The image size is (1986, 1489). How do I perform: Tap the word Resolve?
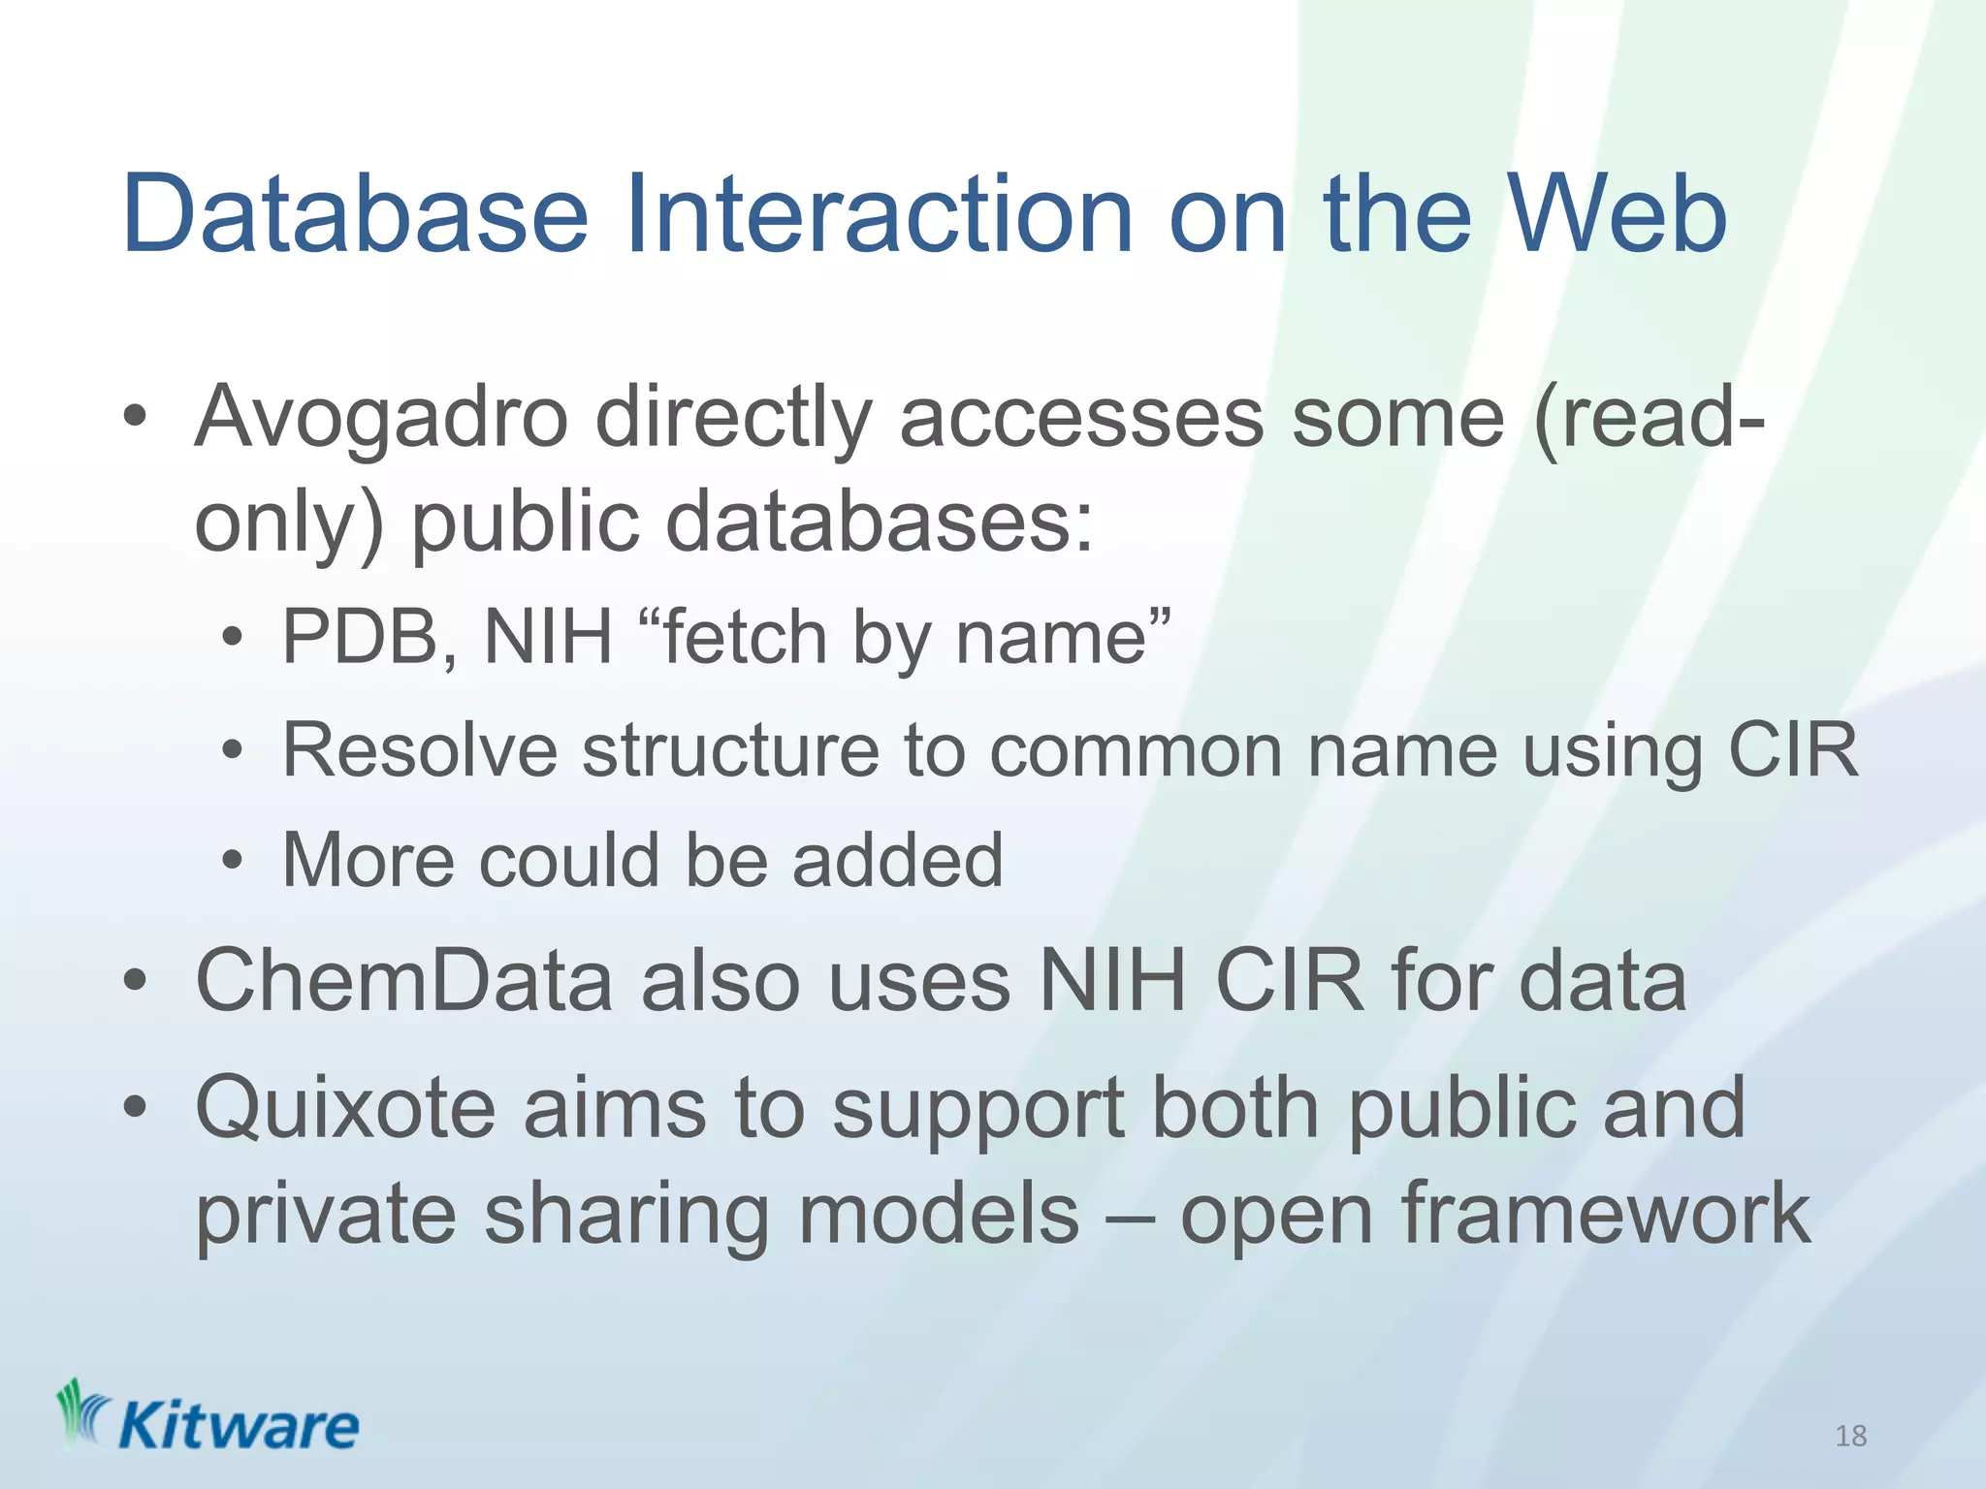coord(420,750)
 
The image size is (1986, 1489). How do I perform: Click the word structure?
coord(731,750)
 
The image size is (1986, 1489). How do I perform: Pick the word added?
coord(897,861)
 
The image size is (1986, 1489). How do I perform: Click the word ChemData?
coord(404,981)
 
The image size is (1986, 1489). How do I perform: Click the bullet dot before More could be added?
coord(232,861)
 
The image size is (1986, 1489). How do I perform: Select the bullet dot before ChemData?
coord(135,981)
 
